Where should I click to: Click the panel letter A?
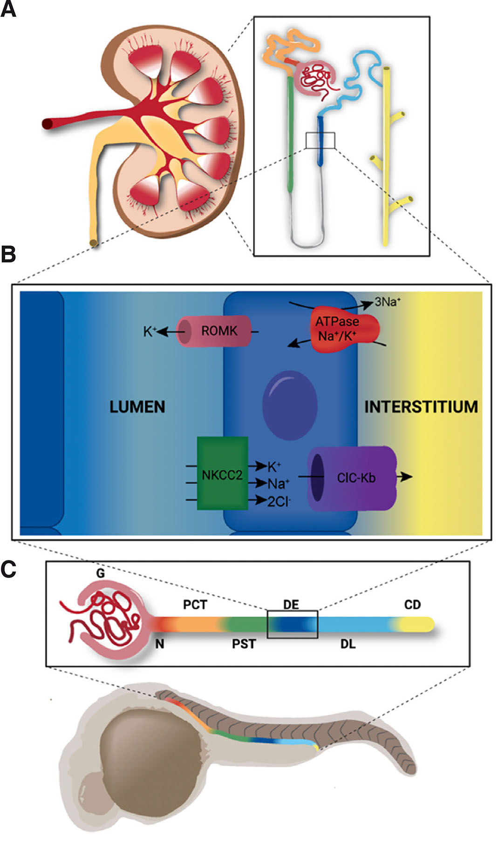click(8, 9)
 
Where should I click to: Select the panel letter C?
click(8, 569)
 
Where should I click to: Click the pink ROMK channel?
click(214, 331)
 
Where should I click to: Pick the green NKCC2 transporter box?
click(222, 473)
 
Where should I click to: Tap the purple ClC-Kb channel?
click(352, 478)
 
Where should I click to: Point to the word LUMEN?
click(137, 407)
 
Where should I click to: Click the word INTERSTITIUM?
click(421, 407)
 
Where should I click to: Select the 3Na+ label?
click(388, 302)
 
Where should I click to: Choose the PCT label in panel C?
click(195, 605)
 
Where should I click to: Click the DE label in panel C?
click(291, 605)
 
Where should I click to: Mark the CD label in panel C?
click(412, 605)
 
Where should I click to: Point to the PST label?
click(244, 644)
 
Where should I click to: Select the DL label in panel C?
click(348, 644)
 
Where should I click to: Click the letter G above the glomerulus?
click(101, 573)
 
